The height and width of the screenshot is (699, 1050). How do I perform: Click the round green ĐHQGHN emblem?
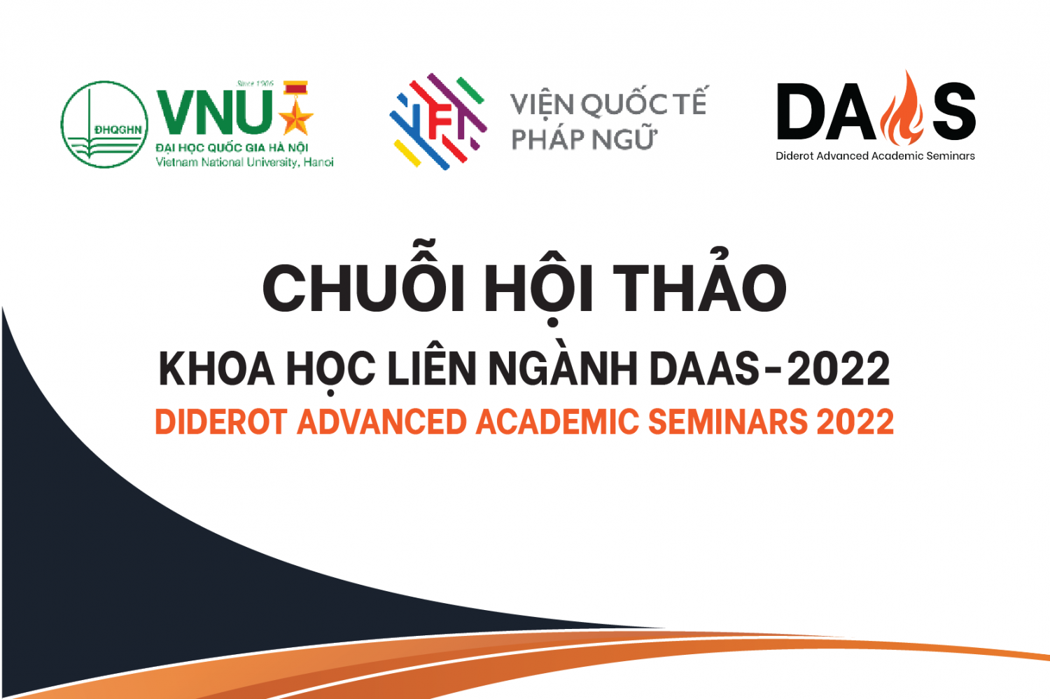[x=104, y=124]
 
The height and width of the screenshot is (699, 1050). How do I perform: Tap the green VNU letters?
[x=215, y=112]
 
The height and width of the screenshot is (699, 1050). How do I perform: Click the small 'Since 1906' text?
[x=255, y=83]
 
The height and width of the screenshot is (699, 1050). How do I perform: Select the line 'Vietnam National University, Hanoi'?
[x=244, y=162]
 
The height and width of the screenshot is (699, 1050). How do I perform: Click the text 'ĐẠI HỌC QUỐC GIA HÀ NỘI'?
[x=232, y=148]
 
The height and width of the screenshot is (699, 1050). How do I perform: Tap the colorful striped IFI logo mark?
[x=438, y=121]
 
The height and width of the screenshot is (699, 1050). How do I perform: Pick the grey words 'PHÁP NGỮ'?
[x=583, y=139]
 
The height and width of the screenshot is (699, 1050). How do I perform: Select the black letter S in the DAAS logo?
[x=953, y=111]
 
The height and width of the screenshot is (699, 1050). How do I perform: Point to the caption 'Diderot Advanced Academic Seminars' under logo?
[x=875, y=155]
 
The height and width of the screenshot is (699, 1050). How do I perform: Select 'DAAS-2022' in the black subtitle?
[x=770, y=368]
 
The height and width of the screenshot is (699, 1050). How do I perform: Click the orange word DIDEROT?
[x=221, y=422]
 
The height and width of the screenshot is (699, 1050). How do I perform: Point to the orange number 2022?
[x=855, y=422]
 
